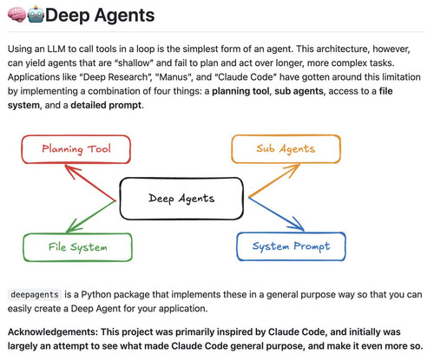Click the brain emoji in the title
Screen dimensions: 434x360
pos(16,15)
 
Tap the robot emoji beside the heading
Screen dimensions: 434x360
pos(36,14)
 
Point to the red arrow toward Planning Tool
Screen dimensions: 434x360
pos(90,182)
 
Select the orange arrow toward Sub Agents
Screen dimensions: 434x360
pos(274,180)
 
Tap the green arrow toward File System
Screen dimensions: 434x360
pos(90,217)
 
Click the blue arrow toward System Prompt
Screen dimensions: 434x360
pos(276,214)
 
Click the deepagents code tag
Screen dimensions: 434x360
pos(35,295)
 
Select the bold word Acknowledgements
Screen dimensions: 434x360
pos(53,332)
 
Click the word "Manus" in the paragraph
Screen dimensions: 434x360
pos(174,77)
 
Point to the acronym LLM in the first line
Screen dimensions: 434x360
pos(56,49)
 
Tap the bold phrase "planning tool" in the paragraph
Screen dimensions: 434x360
pos(240,91)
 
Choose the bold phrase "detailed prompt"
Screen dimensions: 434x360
pos(106,105)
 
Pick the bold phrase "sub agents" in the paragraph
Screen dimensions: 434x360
pos(299,91)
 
